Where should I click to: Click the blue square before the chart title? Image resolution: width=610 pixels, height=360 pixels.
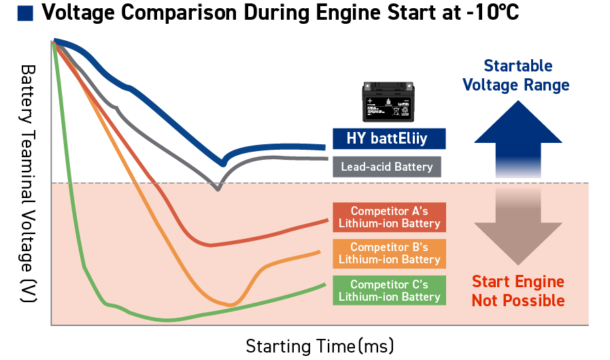pos(26,13)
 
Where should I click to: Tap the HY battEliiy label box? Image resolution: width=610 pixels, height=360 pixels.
pos(389,139)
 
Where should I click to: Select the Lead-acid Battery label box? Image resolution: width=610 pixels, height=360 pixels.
pos(387,167)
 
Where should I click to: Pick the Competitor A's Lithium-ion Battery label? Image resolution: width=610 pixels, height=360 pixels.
pos(389,216)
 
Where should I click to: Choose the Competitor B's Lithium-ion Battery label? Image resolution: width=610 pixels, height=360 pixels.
pos(389,253)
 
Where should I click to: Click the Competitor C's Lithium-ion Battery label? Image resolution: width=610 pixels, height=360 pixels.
pos(389,290)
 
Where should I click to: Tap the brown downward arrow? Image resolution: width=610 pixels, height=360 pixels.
pos(518,228)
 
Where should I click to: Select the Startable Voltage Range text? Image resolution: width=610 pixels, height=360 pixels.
pos(516,76)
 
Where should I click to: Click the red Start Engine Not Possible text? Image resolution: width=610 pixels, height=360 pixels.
pos(518,291)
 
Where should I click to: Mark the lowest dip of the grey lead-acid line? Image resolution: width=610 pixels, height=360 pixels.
pos(218,189)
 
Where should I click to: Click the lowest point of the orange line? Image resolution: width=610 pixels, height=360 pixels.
pos(230,304)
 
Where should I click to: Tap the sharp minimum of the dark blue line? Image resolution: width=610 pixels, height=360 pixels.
pos(222,163)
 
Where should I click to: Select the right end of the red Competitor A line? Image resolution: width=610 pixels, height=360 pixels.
pos(325,219)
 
